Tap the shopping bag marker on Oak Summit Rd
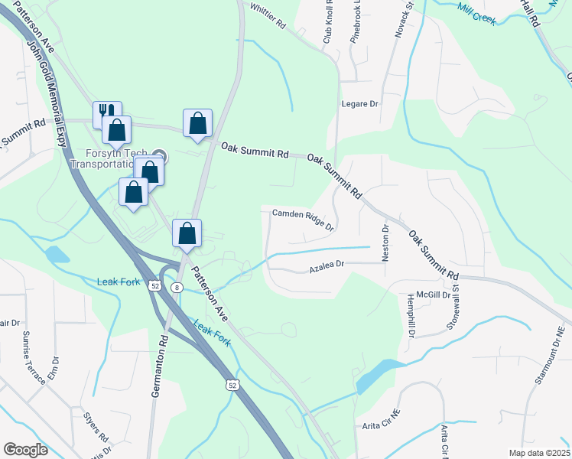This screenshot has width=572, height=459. click(197, 122)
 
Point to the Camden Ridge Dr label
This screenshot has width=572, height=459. click(304, 220)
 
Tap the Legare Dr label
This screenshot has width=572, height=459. click(360, 103)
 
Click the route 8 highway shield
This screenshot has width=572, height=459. click(177, 287)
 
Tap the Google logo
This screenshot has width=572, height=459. click(25, 449)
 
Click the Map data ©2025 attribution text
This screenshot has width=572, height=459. click(538, 453)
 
